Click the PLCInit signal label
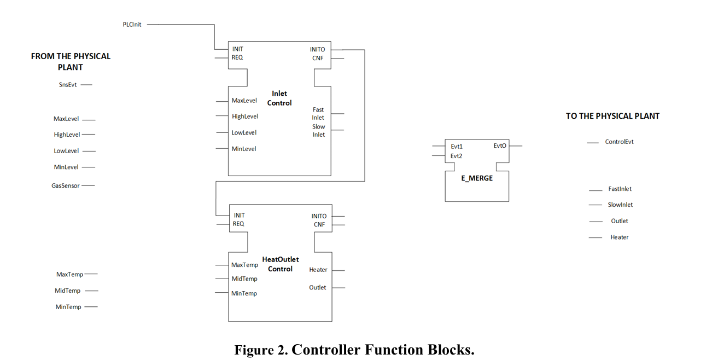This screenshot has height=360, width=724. [x=132, y=25]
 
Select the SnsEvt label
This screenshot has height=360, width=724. [x=68, y=85]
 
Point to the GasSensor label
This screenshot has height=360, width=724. [x=66, y=186]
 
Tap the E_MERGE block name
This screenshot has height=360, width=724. [x=477, y=178]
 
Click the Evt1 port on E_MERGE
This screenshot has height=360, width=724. [x=457, y=147]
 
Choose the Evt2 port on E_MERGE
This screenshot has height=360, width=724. [x=457, y=156]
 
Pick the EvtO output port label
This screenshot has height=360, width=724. [x=500, y=146]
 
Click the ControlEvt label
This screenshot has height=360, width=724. [x=619, y=142]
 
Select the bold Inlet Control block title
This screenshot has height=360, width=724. [x=279, y=98]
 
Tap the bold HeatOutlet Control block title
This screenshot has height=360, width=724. [x=281, y=264]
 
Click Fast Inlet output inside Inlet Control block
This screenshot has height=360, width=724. [x=318, y=114]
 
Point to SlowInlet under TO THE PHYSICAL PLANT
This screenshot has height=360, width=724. [x=620, y=205]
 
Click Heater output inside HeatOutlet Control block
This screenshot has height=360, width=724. [x=318, y=270]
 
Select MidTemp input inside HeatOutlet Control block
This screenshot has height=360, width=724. [x=244, y=279]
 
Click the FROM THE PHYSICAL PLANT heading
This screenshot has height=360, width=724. [x=71, y=61]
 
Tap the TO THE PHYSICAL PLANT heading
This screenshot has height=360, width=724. [x=612, y=116]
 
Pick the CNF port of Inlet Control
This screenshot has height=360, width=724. [x=318, y=58]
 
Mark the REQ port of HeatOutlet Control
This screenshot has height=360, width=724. [x=238, y=224]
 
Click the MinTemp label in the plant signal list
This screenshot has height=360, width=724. [x=68, y=307]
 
